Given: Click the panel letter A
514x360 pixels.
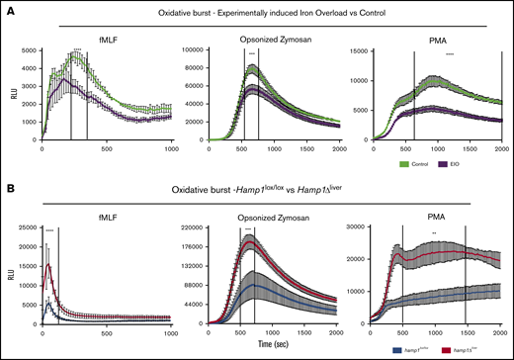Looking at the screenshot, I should [8, 9].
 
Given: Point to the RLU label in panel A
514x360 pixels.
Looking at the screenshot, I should [10, 97].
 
